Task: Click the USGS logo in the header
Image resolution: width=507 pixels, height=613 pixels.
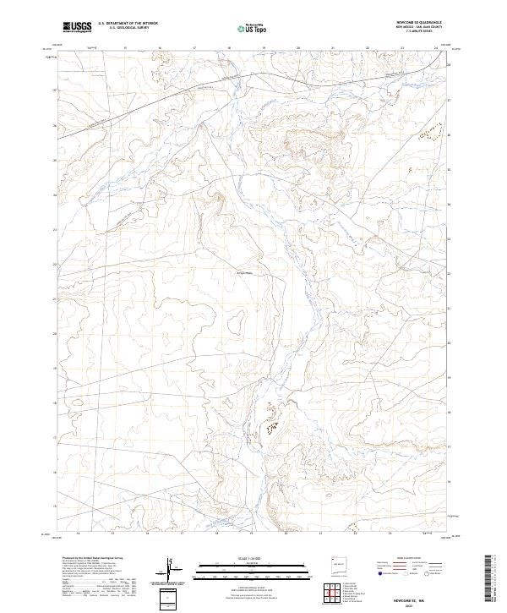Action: (77, 27)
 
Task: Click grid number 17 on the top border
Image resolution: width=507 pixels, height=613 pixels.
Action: (195, 48)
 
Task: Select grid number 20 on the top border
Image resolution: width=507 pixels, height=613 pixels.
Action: (298, 48)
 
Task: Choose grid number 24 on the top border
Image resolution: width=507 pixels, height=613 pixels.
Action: (436, 48)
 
